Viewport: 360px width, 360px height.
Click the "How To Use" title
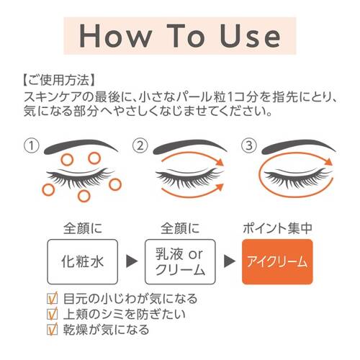180,33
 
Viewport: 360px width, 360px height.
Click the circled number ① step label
32,145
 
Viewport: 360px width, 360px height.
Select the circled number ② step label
140,145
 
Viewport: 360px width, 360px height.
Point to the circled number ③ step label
249,145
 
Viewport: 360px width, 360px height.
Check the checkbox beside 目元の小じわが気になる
52,298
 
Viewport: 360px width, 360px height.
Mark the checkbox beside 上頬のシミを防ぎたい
52,314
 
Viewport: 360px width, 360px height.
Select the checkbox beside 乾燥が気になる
52,330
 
